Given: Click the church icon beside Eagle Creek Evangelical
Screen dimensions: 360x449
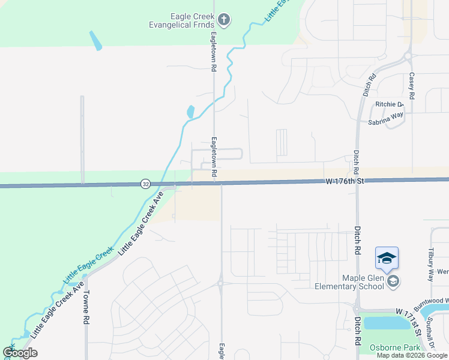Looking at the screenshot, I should pyautogui.click(x=224, y=20).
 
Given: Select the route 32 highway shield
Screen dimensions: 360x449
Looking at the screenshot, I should pyautogui.click(x=146, y=184).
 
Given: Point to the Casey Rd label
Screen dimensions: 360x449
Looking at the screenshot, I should pyautogui.click(x=412, y=86).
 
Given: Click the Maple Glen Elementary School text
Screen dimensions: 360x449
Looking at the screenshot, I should pyautogui.click(x=349, y=281).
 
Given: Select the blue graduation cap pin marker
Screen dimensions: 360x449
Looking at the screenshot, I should pyautogui.click(x=387, y=259).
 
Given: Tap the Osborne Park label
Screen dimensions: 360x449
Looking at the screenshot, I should pyautogui.click(x=390, y=348).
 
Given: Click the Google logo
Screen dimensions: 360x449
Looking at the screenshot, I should pyautogui.click(x=20, y=353).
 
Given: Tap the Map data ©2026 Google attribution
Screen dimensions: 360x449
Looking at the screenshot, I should pyautogui.click(x=412, y=355).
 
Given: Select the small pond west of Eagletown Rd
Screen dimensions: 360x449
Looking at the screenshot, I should pyautogui.click(x=191, y=112).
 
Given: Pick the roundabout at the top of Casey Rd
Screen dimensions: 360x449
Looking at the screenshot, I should pyautogui.click(x=408, y=56).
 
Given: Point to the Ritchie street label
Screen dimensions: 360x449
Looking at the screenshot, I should pyautogui.click(x=388, y=104).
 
